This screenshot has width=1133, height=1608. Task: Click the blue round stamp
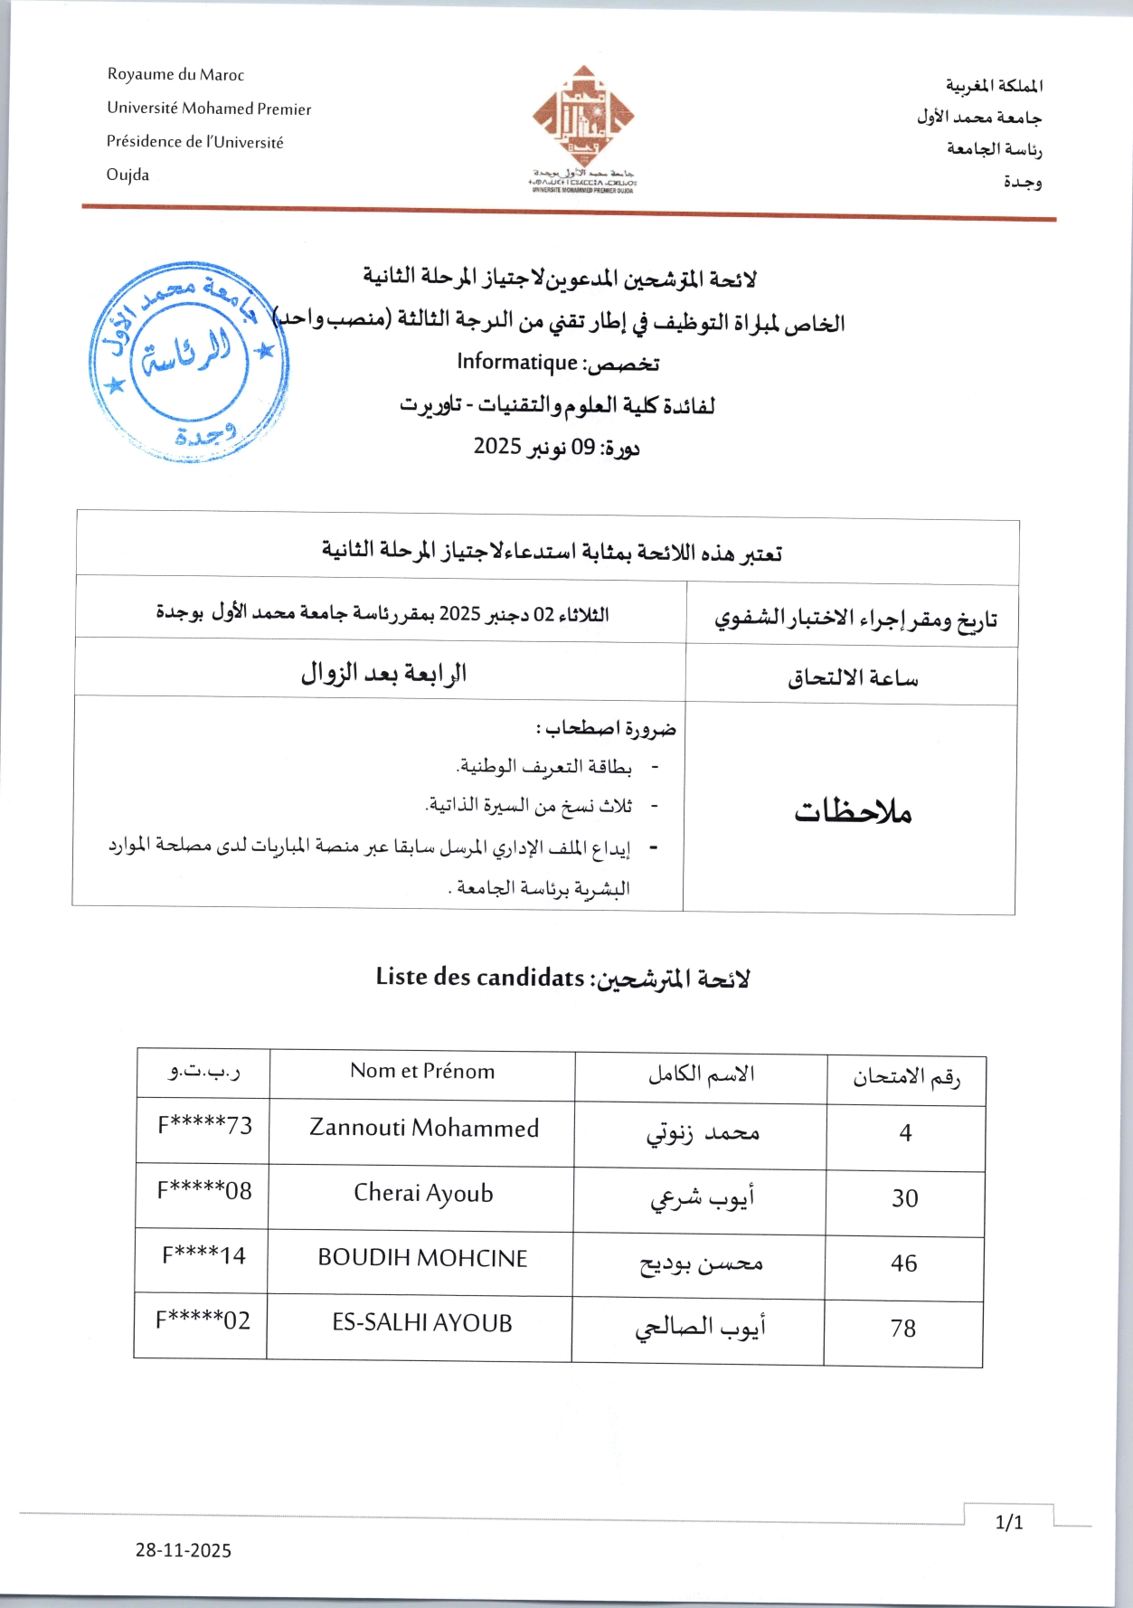[188, 362]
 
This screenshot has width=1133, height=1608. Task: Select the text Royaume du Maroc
[175, 75]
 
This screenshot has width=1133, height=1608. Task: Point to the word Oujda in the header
[127, 175]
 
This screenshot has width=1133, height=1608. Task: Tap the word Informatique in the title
[516, 362]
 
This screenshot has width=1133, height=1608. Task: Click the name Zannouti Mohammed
[424, 1128]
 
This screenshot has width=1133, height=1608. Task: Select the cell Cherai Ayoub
[423, 1193]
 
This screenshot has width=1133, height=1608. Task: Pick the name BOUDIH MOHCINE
[422, 1258]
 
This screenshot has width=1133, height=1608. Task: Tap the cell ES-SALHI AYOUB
[421, 1323]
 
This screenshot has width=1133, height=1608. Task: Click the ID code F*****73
[205, 1126]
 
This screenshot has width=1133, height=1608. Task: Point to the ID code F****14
[203, 1255]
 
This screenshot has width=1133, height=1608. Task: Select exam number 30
[904, 1198]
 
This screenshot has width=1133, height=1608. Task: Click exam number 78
[902, 1329]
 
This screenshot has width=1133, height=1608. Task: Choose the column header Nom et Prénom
[422, 1072]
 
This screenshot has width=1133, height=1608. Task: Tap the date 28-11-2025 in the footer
[184, 1550]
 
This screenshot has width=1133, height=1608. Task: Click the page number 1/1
[1008, 1523]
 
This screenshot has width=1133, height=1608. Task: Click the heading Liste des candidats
[480, 978]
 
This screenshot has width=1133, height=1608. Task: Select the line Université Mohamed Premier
[209, 109]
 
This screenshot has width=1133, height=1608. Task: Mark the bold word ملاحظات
[852, 811]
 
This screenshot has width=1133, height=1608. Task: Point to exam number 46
[903, 1263]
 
